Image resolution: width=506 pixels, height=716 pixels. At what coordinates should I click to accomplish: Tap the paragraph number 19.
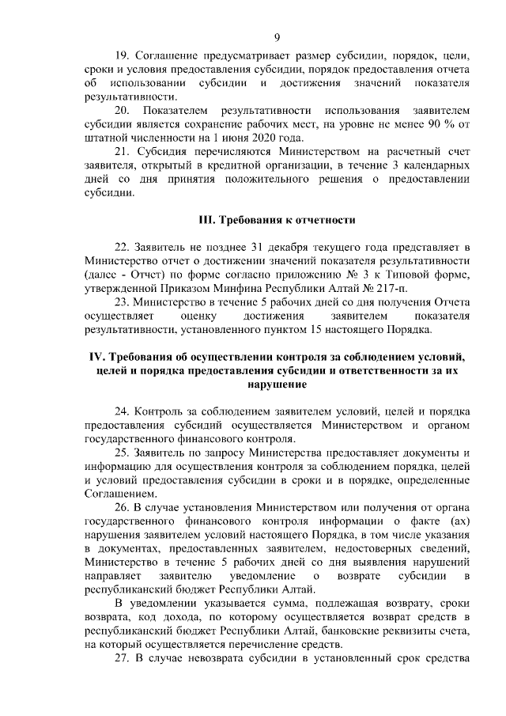tap(122, 57)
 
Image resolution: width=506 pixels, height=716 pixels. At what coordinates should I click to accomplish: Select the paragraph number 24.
tap(123, 412)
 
